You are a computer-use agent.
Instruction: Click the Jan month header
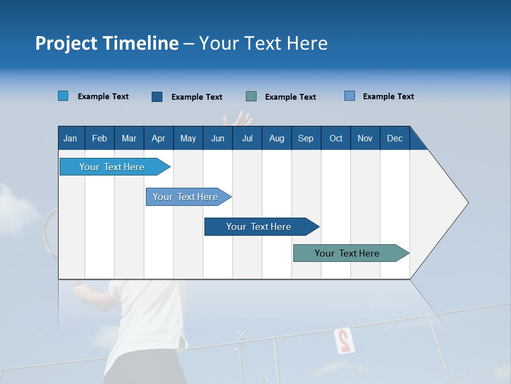tap(70, 138)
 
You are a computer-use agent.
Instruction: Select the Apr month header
tap(158, 138)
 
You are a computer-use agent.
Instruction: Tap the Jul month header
tap(247, 138)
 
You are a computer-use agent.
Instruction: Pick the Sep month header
tap(306, 138)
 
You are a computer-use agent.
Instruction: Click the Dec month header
tap(394, 138)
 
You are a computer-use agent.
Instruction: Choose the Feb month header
tap(100, 138)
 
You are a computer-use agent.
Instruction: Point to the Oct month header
tap(336, 138)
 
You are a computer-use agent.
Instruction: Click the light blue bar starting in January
tap(112, 167)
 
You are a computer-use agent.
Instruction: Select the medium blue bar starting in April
tap(185, 197)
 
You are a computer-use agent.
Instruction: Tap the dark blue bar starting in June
tap(259, 227)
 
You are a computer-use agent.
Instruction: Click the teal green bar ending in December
tap(347, 253)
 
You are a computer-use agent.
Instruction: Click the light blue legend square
tap(63, 96)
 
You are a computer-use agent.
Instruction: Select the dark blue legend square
tap(157, 97)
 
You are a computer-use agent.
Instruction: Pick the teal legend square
tap(251, 96)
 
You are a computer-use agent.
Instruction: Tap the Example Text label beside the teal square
tap(290, 97)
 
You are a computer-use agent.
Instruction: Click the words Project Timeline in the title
tap(106, 43)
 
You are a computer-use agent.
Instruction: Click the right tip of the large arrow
tap(467, 203)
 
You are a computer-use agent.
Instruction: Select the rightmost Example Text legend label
tap(388, 97)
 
